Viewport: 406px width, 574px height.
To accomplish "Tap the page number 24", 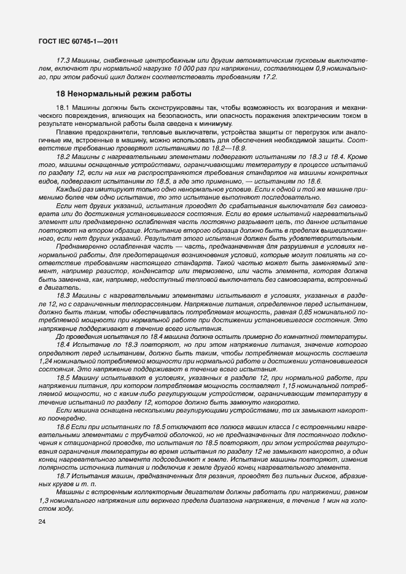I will click(42, 522).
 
